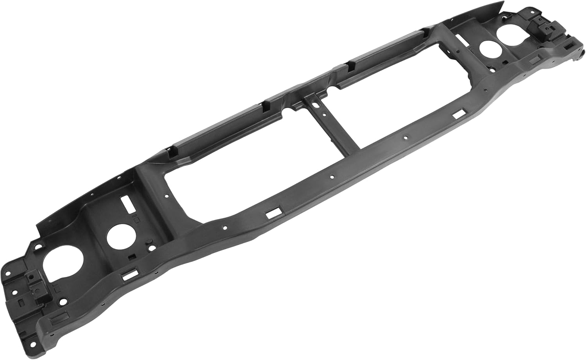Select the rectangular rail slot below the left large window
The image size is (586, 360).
point(270,214)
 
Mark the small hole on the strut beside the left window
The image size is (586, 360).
point(167,196)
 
